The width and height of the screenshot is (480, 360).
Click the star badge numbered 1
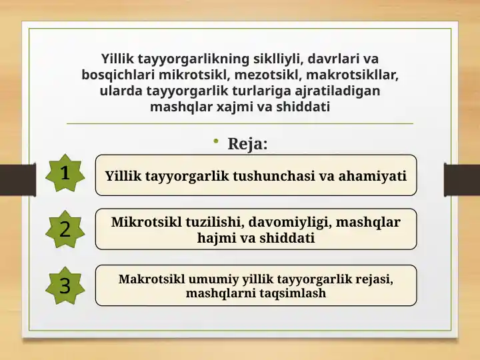(x=65, y=173)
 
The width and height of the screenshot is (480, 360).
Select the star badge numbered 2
(x=65, y=229)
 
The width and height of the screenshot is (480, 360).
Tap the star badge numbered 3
(x=65, y=285)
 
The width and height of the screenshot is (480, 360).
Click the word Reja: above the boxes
(x=248, y=143)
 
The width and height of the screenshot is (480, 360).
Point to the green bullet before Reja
(x=217, y=141)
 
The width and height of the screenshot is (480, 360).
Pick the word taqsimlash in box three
(x=293, y=293)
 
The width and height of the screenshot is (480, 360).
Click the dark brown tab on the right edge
(x=461, y=179)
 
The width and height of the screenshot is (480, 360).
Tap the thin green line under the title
(x=240, y=124)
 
